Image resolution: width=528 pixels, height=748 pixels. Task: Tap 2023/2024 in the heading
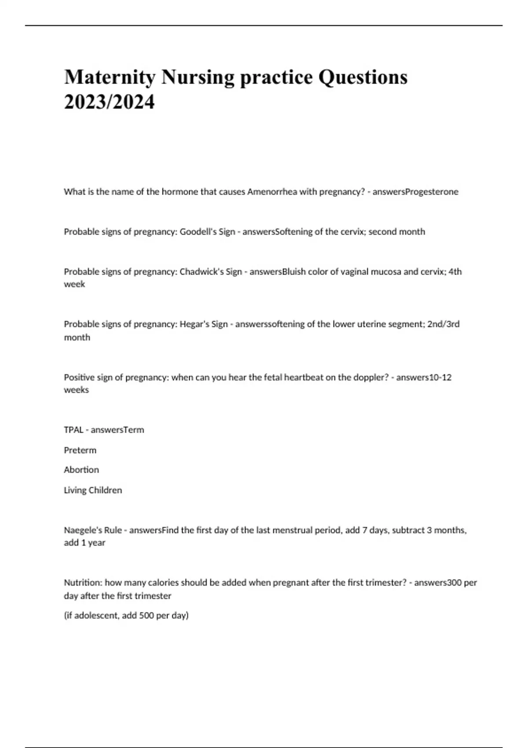tap(110, 103)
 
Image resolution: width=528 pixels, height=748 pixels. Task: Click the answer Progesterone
tap(432, 192)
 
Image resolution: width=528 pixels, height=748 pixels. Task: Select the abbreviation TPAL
tap(73, 430)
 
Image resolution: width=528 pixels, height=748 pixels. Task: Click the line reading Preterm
tap(80, 450)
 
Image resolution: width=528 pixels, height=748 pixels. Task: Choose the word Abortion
tap(81, 470)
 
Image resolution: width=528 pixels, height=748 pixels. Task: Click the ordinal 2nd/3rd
tap(444, 324)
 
